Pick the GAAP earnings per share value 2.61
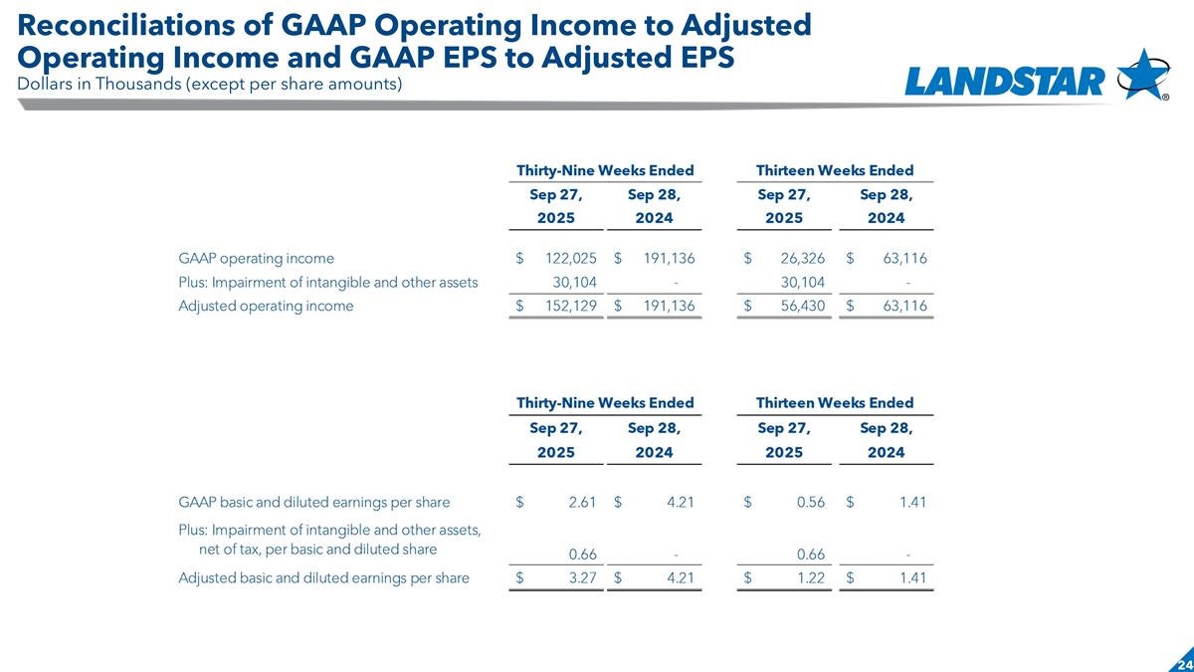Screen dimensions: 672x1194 coord(581,502)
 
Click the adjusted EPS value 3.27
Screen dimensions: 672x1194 coord(581,576)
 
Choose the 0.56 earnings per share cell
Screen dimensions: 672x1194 coord(811,502)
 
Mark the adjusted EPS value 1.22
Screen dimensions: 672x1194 coord(811,576)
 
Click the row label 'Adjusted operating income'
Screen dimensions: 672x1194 coord(266,306)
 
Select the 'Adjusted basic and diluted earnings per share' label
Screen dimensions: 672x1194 coord(323,576)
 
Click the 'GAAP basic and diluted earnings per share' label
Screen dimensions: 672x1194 coord(313,502)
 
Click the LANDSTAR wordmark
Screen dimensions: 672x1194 coord(1005,81)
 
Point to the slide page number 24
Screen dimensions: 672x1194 coord(1183,663)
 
